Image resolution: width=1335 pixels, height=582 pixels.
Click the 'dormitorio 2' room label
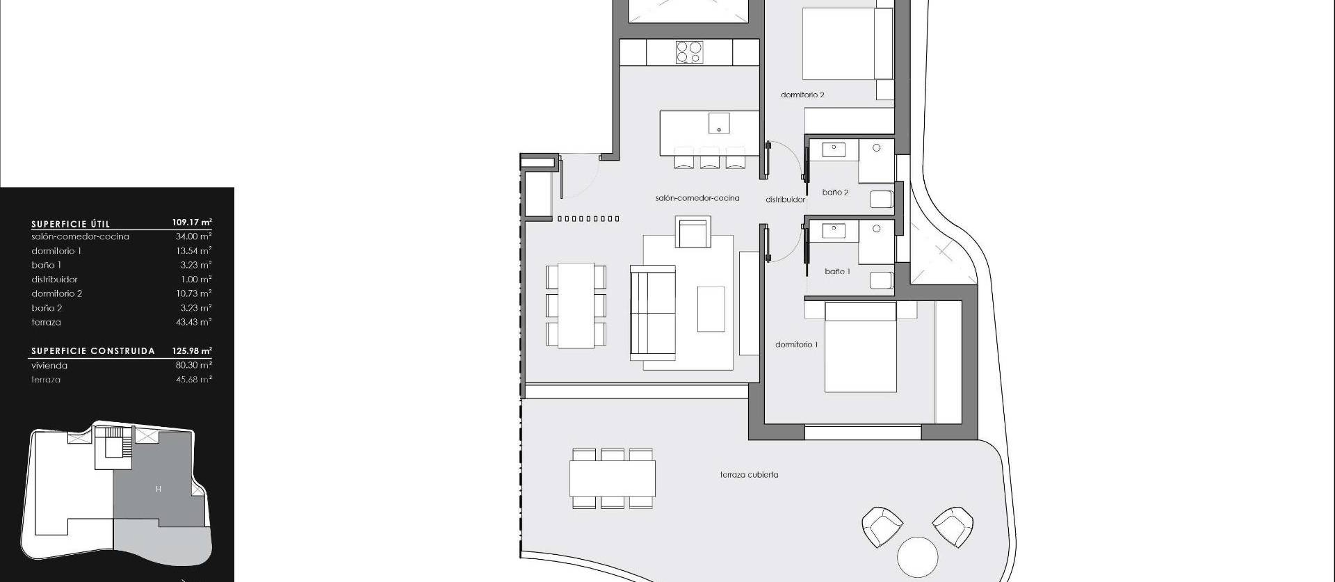(802, 95)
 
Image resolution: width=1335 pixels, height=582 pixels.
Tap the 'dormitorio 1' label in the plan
(797, 344)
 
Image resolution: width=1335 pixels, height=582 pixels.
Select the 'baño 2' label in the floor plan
(835, 192)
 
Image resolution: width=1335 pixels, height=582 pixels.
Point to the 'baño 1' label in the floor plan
(837, 271)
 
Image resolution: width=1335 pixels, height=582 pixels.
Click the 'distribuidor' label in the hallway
(785, 200)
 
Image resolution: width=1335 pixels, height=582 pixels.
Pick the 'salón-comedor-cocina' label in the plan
(697, 198)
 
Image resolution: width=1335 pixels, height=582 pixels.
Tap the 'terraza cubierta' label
(749, 475)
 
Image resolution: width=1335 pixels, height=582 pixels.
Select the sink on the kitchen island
(719, 123)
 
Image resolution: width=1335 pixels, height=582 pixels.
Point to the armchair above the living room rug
(693, 232)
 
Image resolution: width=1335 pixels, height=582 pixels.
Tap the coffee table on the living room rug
(711, 309)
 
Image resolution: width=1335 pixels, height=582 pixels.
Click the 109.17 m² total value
(192, 223)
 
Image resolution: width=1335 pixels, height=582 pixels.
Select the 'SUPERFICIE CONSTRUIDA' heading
(92, 351)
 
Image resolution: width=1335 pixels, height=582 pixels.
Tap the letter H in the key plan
(159, 490)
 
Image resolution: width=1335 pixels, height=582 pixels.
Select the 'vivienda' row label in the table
(49, 365)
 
